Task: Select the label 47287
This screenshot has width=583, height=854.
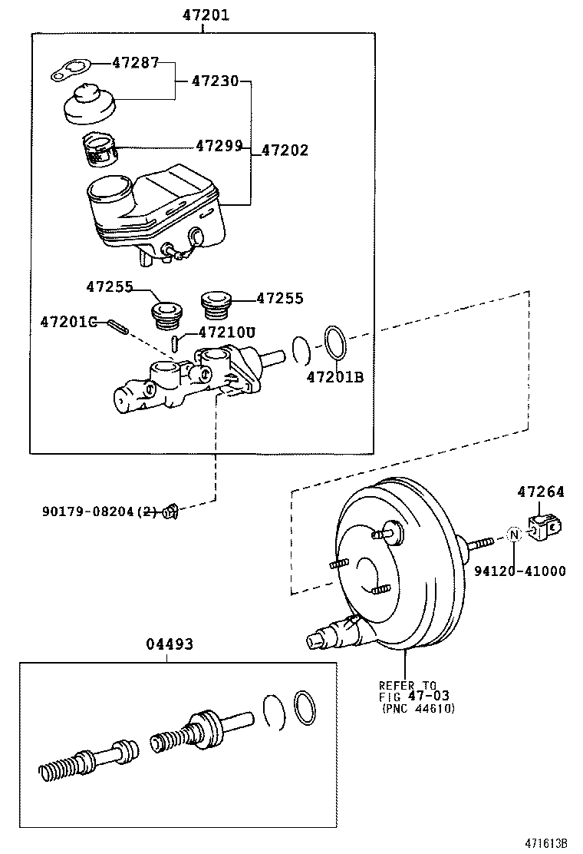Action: coord(135,63)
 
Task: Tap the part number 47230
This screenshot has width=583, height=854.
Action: coord(215,80)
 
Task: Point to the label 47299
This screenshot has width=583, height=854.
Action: coord(219,144)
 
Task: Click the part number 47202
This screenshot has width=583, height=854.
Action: coord(285,151)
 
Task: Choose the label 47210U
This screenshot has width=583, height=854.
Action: coord(226,332)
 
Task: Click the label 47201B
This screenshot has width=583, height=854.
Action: coord(334,376)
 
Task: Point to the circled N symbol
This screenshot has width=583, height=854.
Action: coord(514,535)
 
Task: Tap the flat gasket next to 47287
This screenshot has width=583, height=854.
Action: coord(71,71)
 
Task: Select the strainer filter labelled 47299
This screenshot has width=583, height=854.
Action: coord(98,148)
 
